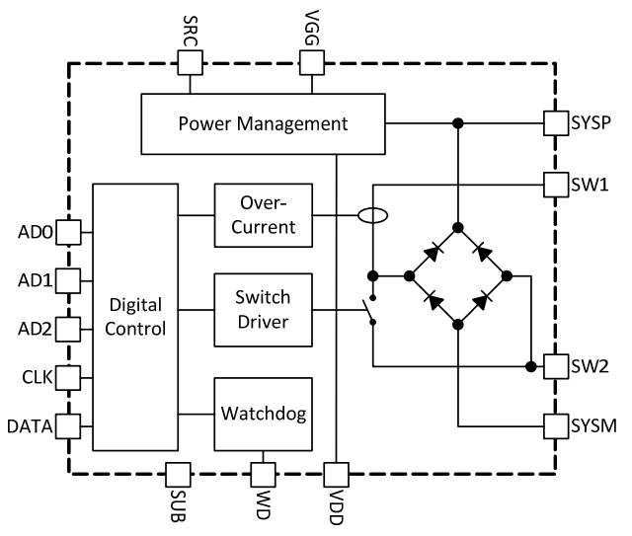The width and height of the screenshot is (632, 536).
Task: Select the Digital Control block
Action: click(x=138, y=315)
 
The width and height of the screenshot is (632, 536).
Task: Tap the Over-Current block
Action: click(x=263, y=214)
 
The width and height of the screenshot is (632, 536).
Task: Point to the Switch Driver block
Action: click(x=263, y=309)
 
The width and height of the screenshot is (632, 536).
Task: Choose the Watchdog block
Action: click(x=263, y=412)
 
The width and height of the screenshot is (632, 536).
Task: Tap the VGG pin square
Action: click(x=312, y=63)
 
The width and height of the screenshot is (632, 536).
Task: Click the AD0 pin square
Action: click(x=68, y=233)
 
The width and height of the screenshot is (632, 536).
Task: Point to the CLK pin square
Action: click(x=68, y=376)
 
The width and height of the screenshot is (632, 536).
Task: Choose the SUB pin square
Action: click(x=178, y=476)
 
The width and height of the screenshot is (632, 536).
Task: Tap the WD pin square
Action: click(x=263, y=476)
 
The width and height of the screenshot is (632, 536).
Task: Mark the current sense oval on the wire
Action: click(x=372, y=214)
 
